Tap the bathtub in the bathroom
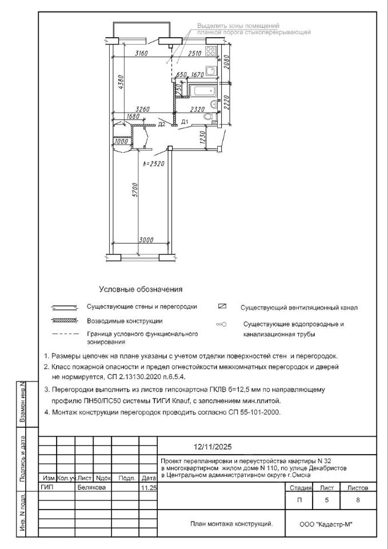point(203,91)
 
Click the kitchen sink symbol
point(210,71)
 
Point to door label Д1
point(184,122)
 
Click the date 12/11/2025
point(211,447)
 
